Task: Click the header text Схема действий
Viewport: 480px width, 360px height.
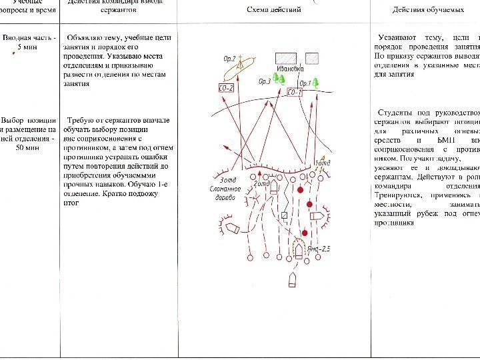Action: pyautogui.click(x=274, y=10)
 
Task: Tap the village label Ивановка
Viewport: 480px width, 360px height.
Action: pyautogui.click(x=289, y=69)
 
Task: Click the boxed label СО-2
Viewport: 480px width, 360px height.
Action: pyautogui.click(x=227, y=88)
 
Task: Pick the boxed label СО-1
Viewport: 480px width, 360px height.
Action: pyautogui.click(x=294, y=92)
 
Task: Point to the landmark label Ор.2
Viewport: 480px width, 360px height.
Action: pyautogui.click(x=230, y=59)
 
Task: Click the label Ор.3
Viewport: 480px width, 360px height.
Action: pyautogui.click(x=264, y=82)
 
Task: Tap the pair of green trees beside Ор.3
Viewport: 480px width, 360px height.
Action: pyautogui.click(x=280, y=79)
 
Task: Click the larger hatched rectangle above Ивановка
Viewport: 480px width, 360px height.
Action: pyautogui.click(x=286, y=57)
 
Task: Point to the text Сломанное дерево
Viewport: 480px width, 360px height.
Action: pyautogui.click(x=225, y=192)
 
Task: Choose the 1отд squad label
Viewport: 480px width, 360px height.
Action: pyautogui.click(x=321, y=163)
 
